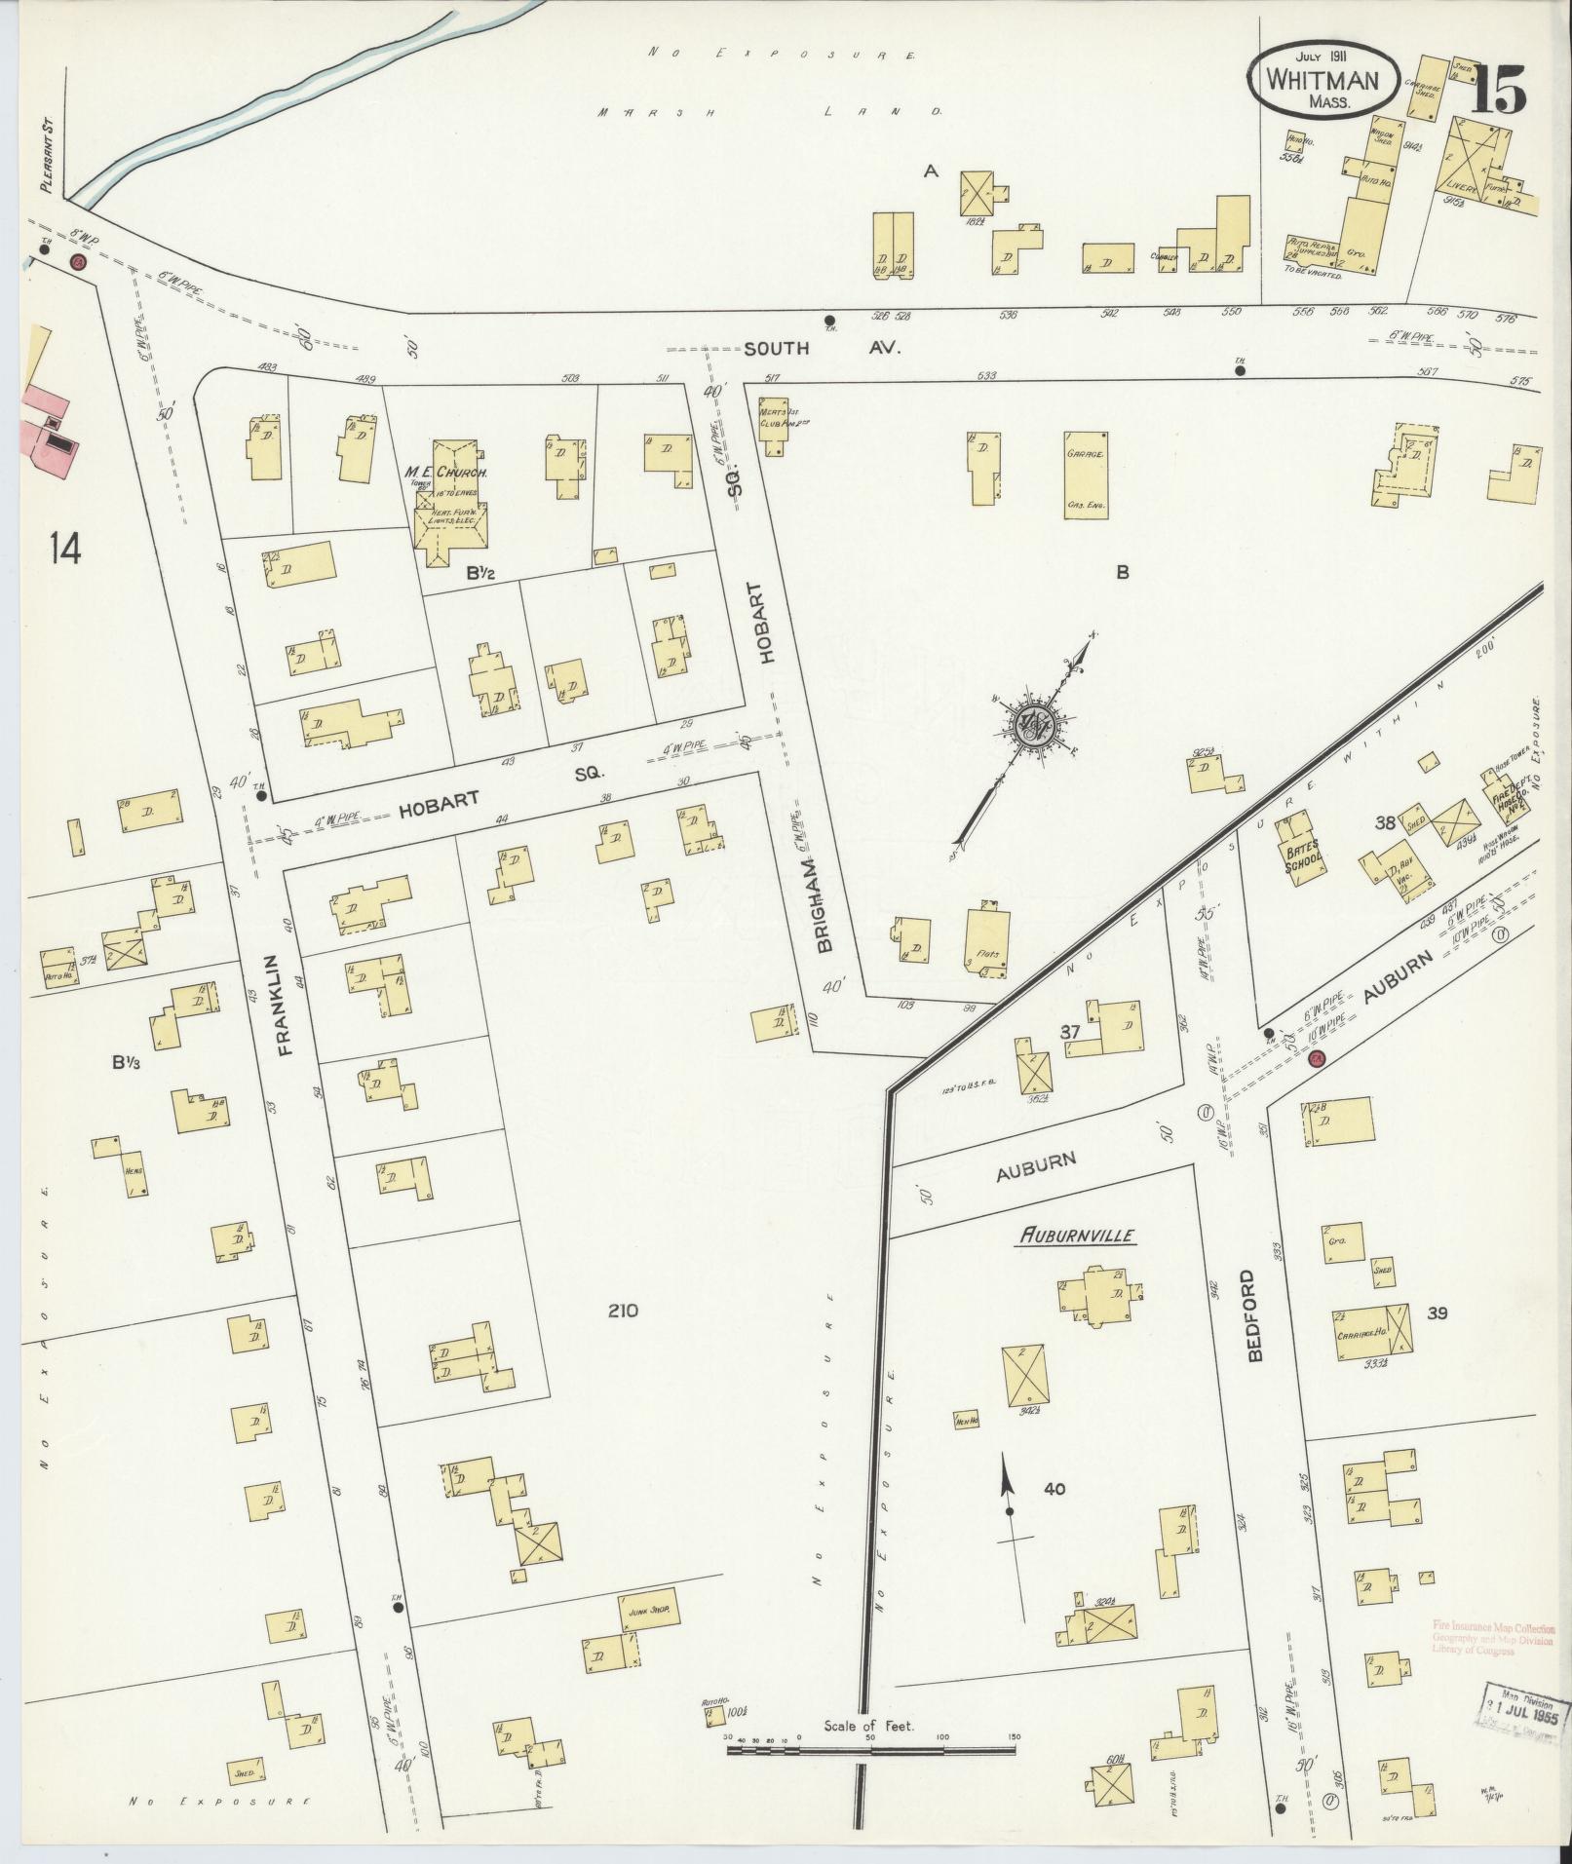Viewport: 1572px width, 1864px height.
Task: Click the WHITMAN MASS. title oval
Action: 1323,81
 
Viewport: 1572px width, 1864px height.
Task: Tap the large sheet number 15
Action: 1498,93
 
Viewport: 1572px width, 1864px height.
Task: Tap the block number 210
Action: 622,1311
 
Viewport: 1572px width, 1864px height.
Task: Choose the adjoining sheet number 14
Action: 67,550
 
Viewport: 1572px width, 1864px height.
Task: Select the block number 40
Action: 1054,1489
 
